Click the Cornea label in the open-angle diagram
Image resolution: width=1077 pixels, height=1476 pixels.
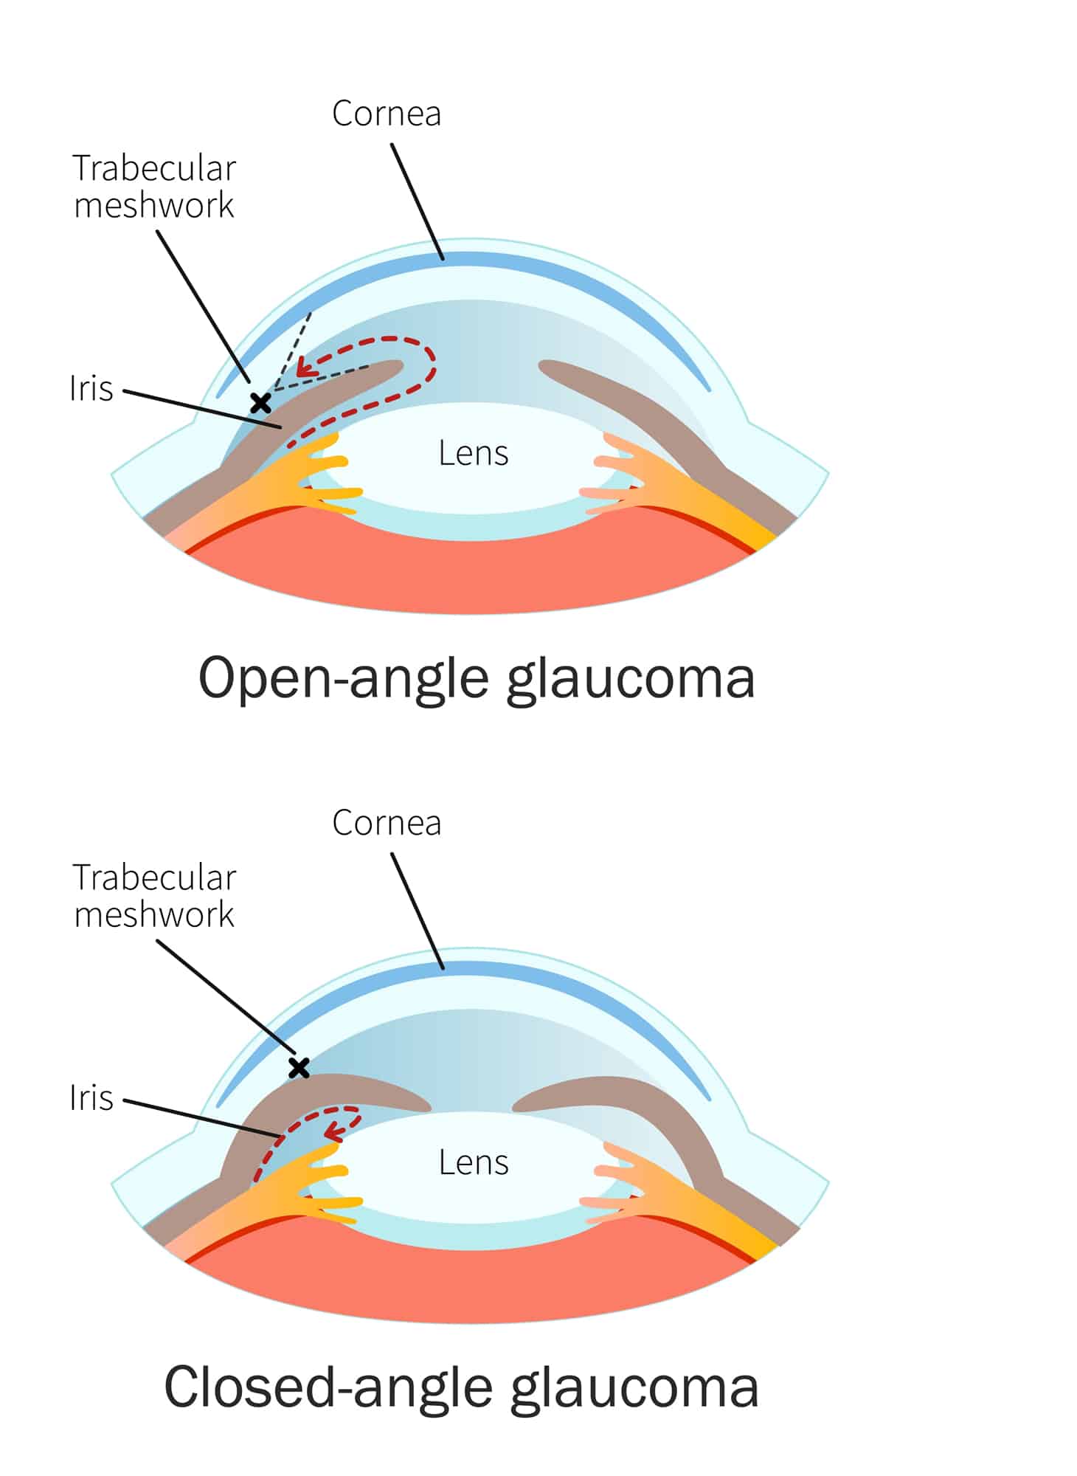click(x=387, y=114)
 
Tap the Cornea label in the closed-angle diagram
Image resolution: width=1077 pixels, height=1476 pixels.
click(x=387, y=823)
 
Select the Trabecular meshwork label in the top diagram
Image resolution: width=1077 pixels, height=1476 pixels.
click(x=154, y=187)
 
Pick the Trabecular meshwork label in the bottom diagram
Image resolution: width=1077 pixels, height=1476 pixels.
click(x=154, y=896)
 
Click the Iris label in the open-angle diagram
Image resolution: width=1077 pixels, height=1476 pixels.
click(x=91, y=388)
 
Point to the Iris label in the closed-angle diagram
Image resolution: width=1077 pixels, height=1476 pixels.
click(x=91, y=1097)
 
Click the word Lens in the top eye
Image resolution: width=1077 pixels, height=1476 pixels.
click(x=474, y=453)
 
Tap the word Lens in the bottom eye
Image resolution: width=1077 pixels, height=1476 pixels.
click(x=474, y=1162)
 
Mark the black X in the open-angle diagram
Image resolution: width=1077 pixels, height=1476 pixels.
click(x=260, y=403)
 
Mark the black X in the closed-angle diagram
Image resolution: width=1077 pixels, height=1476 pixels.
click(x=299, y=1067)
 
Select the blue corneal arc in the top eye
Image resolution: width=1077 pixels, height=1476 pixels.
click(x=465, y=260)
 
